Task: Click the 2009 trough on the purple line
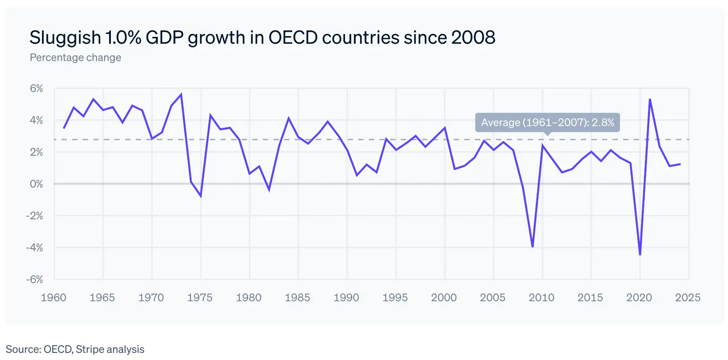(533, 247)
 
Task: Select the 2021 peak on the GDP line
(650, 99)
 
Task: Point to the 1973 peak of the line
(181, 94)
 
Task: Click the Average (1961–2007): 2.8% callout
(547, 122)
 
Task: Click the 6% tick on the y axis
(37, 88)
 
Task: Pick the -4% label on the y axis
(35, 247)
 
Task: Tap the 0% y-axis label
(37, 184)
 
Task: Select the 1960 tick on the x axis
(54, 297)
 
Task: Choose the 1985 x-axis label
(298, 297)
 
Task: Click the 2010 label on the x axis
(542, 297)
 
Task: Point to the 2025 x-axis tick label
(688, 297)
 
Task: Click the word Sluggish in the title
(65, 38)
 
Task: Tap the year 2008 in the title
(473, 38)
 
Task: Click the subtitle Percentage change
(76, 58)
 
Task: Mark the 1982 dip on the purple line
(269, 190)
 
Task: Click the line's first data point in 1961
(64, 128)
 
